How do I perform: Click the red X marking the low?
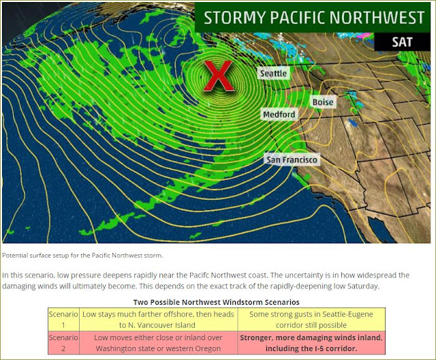click(x=219, y=76)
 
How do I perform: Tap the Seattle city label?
click(x=273, y=73)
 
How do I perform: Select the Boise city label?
click(x=323, y=102)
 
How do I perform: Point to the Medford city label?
click(x=279, y=115)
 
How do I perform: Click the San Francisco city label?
click(x=292, y=160)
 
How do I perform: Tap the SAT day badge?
click(x=402, y=42)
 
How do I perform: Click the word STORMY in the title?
click(x=234, y=18)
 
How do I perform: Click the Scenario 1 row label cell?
click(x=63, y=319)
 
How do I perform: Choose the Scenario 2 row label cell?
click(x=63, y=343)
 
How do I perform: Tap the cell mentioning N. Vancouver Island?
click(x=158, y=319)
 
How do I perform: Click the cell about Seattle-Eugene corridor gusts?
click(x=311, y=319)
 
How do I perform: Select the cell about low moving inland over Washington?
click(x=158, y=343)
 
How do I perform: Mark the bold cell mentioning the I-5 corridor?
click(x=311, y=343)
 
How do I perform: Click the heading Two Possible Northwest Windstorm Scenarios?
click(x=217, y=302)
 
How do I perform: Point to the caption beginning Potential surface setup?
click(x=82, y=256)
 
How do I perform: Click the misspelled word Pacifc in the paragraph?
click(x=199, y=275)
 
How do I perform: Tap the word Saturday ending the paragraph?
click(x=365, y=286)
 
